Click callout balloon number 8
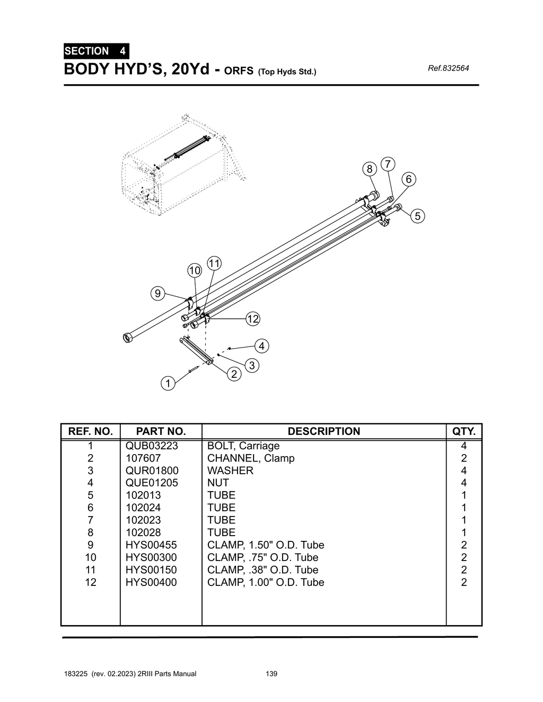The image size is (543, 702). pyautogui.click(x=370, y=169)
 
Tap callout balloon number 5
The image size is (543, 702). pyautogui.click(x=417, y=216)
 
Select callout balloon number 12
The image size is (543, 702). pyautogui.click(x=253, y=319)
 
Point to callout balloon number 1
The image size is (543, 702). pyautogui.click(x=168, y=383)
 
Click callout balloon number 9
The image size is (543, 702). pyautogui.click(x=157, y=293)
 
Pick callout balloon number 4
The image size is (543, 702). pyautogui.click(x=261, y=346)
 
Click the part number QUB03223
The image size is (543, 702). pyautogui.click(x=152, y=446)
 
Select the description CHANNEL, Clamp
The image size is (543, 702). pyautogui.click(x=251, y=458)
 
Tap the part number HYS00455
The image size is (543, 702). pyautogui.click(x=151, y=545)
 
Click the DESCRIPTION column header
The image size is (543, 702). pyautogui.click(x=323, y=431)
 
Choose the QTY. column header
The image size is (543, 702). pyautogui.click(x=464, y=431)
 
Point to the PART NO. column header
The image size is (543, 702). pyautogui.click(x=161, y=431)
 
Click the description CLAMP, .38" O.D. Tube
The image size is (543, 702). pyautogui.click(x=262, y=570)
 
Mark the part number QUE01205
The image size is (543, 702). pyautogui.click(x=152, y=483)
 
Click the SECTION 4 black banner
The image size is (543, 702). pyautogui.click(x=95, y=51)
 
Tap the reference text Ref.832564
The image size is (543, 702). pyautogui.click(x=448, y=68)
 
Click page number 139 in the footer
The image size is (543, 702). pyautogui.click(x=271, y=674)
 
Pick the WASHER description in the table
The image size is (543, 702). pyautogui.click(x=230, y=470)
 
